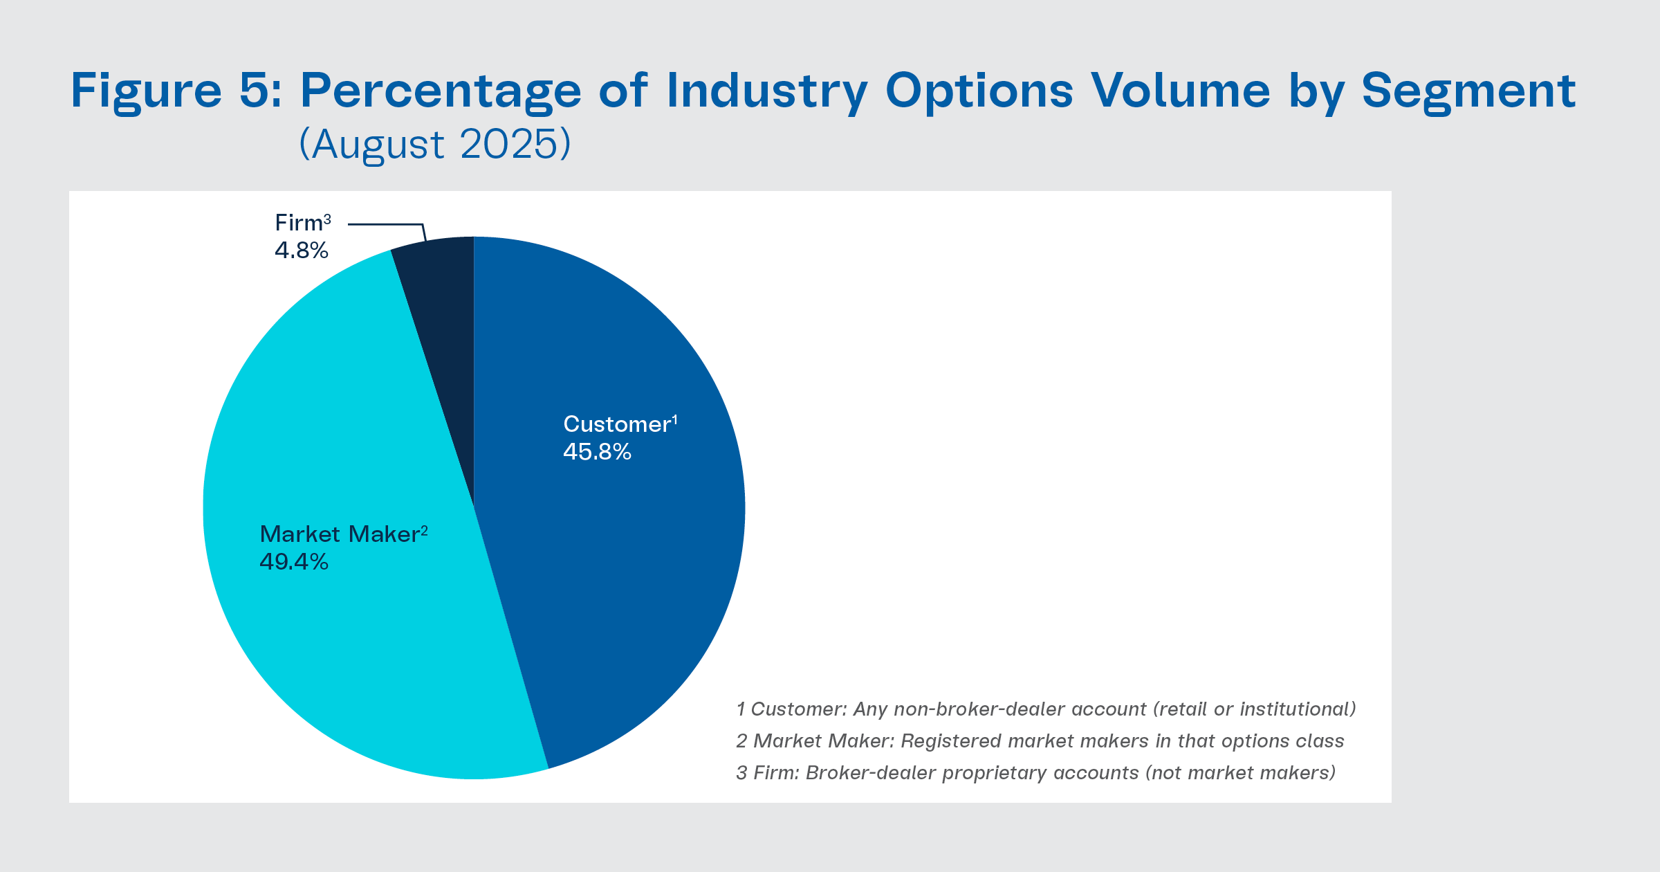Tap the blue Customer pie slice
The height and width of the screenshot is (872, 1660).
pyautogui.click(x=622, y=554)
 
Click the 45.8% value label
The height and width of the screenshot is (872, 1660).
pyautogui.click(x=597, y=452)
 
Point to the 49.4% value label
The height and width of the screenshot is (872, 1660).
pyautogui.click(x=294, y=562)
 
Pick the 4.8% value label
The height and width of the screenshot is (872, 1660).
pyautogui.click(x=302, y=250)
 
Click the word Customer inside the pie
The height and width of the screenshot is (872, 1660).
pyautogui.click(x=616, y=424)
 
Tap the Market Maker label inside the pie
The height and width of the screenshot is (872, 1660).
pyautogui.click(x=339, y=534)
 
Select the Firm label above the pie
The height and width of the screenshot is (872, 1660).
pyautogui.click(x=299, y=223)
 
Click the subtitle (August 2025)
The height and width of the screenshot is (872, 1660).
pyautogui.click(x=435, y=144)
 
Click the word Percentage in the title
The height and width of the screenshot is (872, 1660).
pyautogui.click(x=441, y=91)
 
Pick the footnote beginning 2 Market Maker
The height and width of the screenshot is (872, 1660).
pyautogui.click(x=1040, y=741)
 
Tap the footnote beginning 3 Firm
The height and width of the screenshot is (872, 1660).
pyautogui.click(x=1035, y=772)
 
